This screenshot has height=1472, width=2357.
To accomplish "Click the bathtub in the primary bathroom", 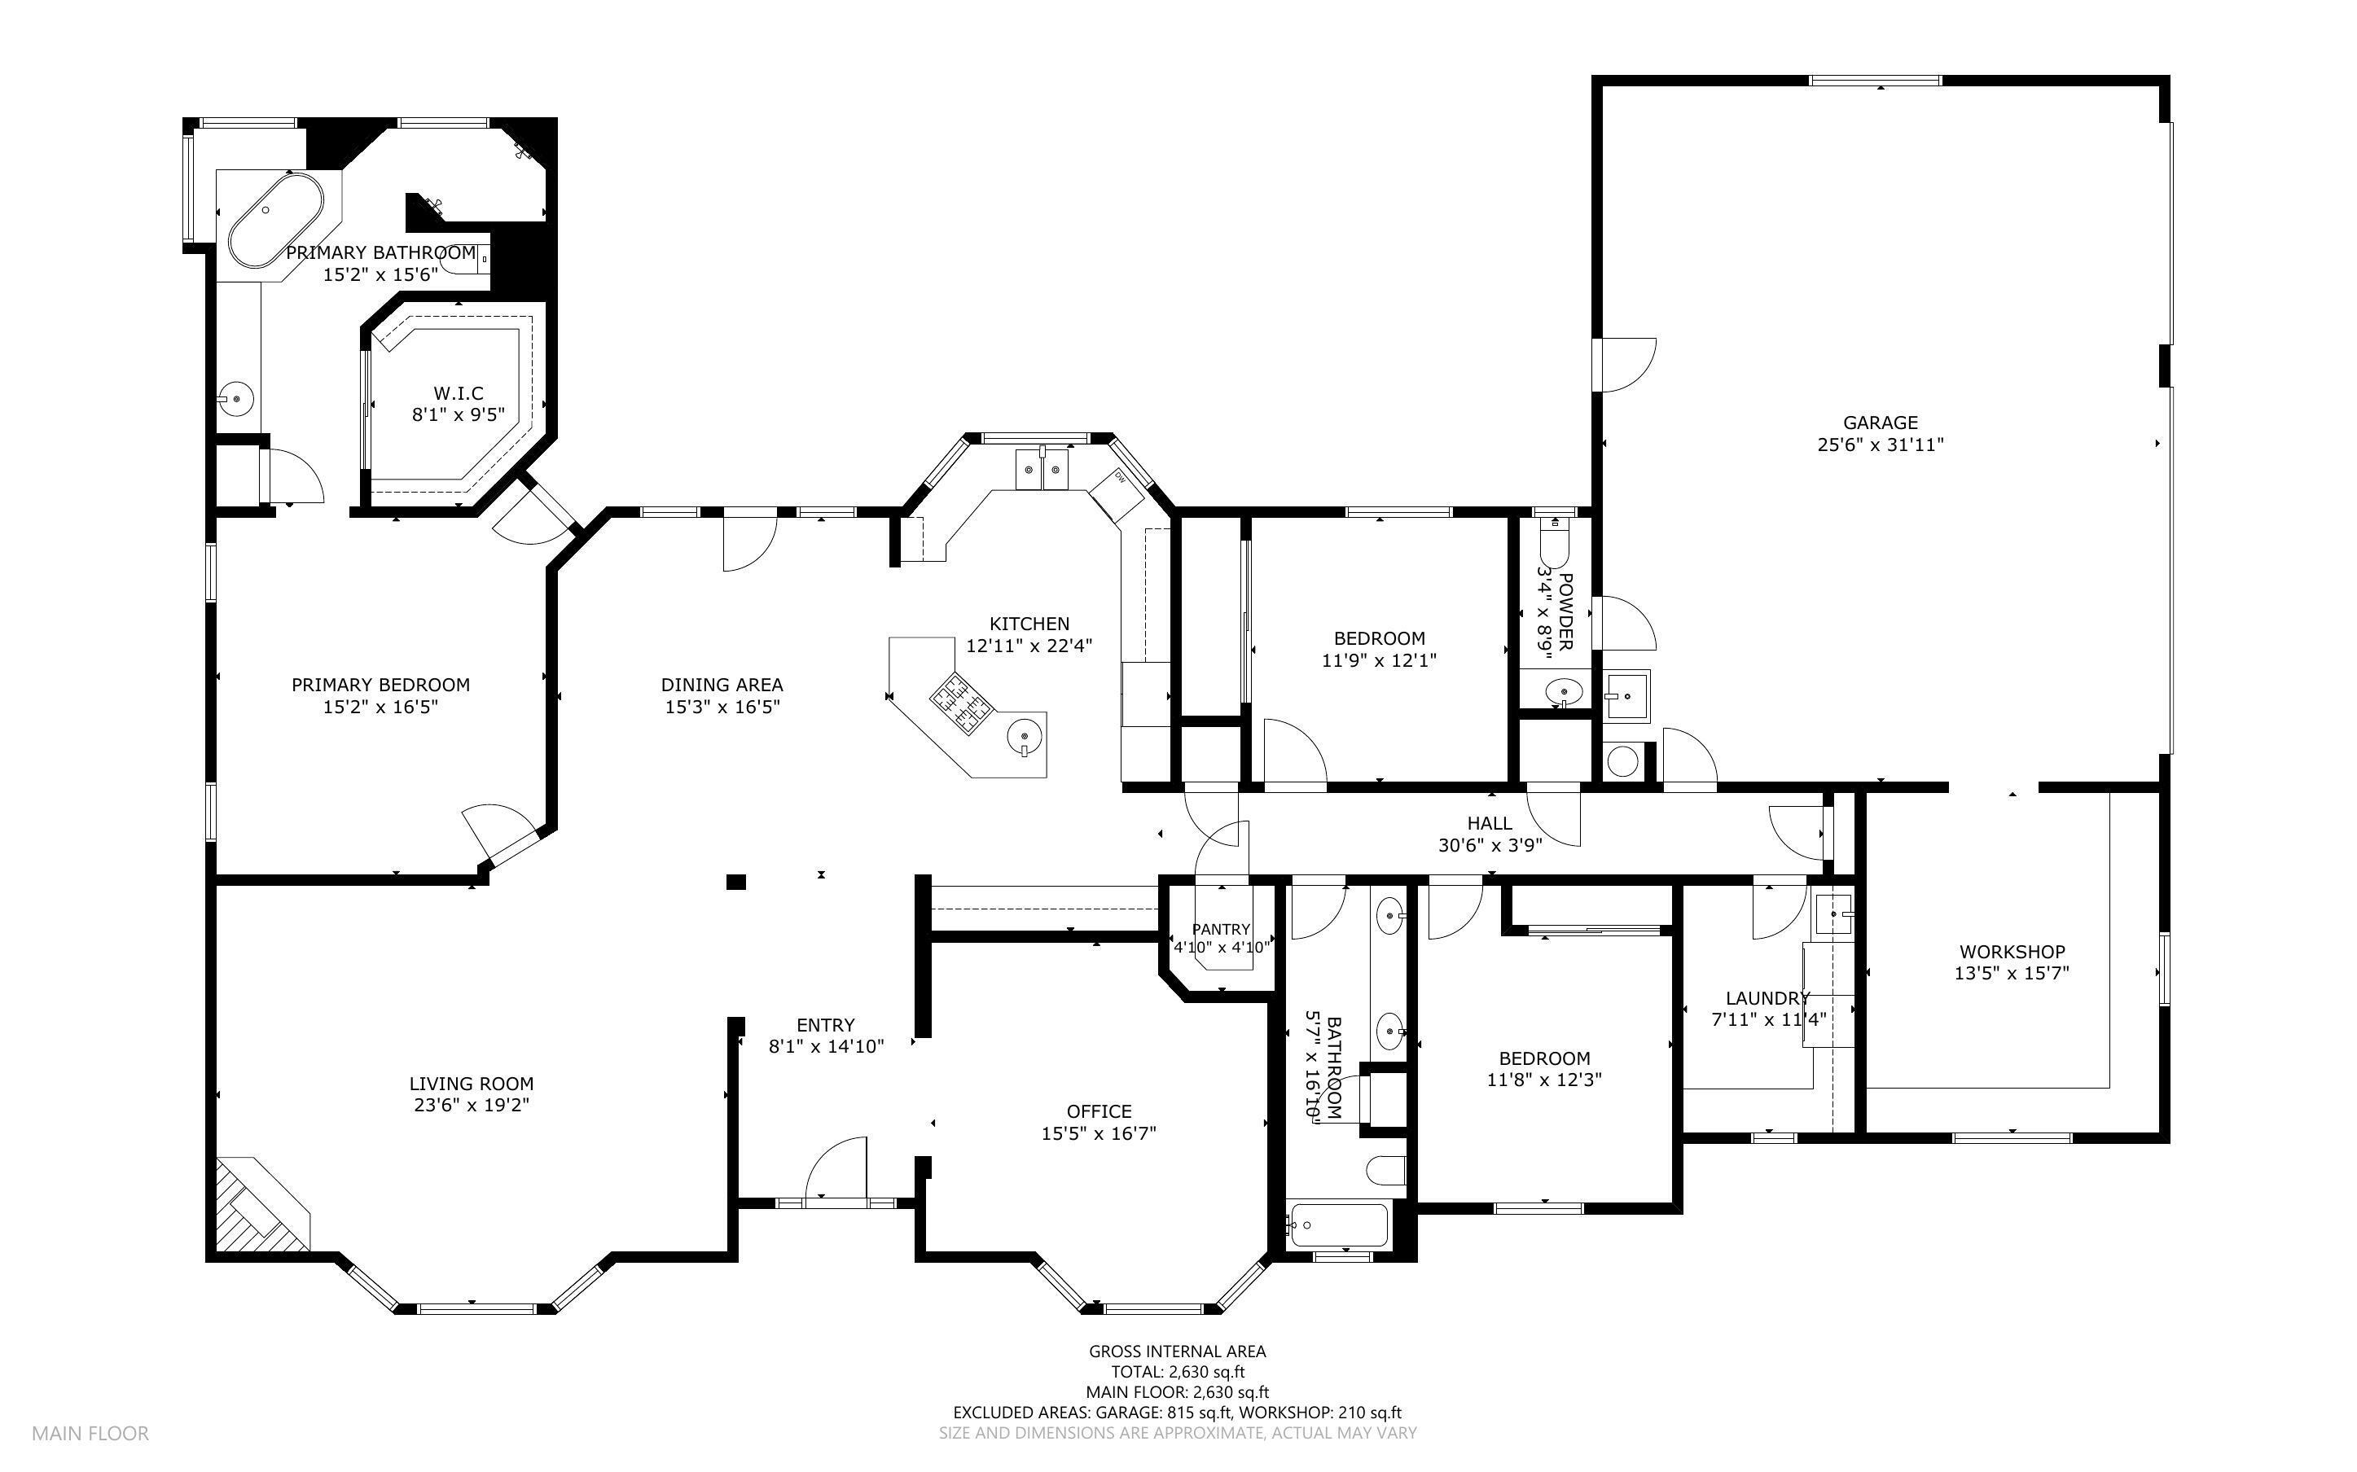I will pyautogui.click(x=275, y=219).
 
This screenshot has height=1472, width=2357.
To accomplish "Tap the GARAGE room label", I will pyautogui.click(x=1880, y=423).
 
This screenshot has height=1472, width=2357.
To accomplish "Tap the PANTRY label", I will pyautogui.click(x=1220, y=930).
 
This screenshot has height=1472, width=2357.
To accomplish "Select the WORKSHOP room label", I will pyautogui.click(x=2012, y=951).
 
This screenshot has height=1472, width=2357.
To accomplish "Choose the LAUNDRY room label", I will pyautogui.click(x=1767, y=998).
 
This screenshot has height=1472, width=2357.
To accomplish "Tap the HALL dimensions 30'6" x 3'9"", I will pyautogui.click(x=1490, y=845).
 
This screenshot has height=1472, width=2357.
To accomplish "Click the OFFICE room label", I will pyautogui.click(x=1098, y=1111).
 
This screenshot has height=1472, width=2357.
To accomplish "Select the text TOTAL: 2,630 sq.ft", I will pyautogui.click(x=1177, y=1373).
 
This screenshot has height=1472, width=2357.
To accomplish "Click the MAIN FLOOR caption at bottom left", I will pyautogui.click(x=90, y=1433).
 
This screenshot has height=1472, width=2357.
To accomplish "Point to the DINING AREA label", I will pyautogui.click(x=722, y=685).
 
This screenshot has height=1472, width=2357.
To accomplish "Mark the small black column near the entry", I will pyautogui.click(x=736, y=882).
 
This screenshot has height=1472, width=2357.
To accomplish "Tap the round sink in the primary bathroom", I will pyautogui.click(x=236, y=398).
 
